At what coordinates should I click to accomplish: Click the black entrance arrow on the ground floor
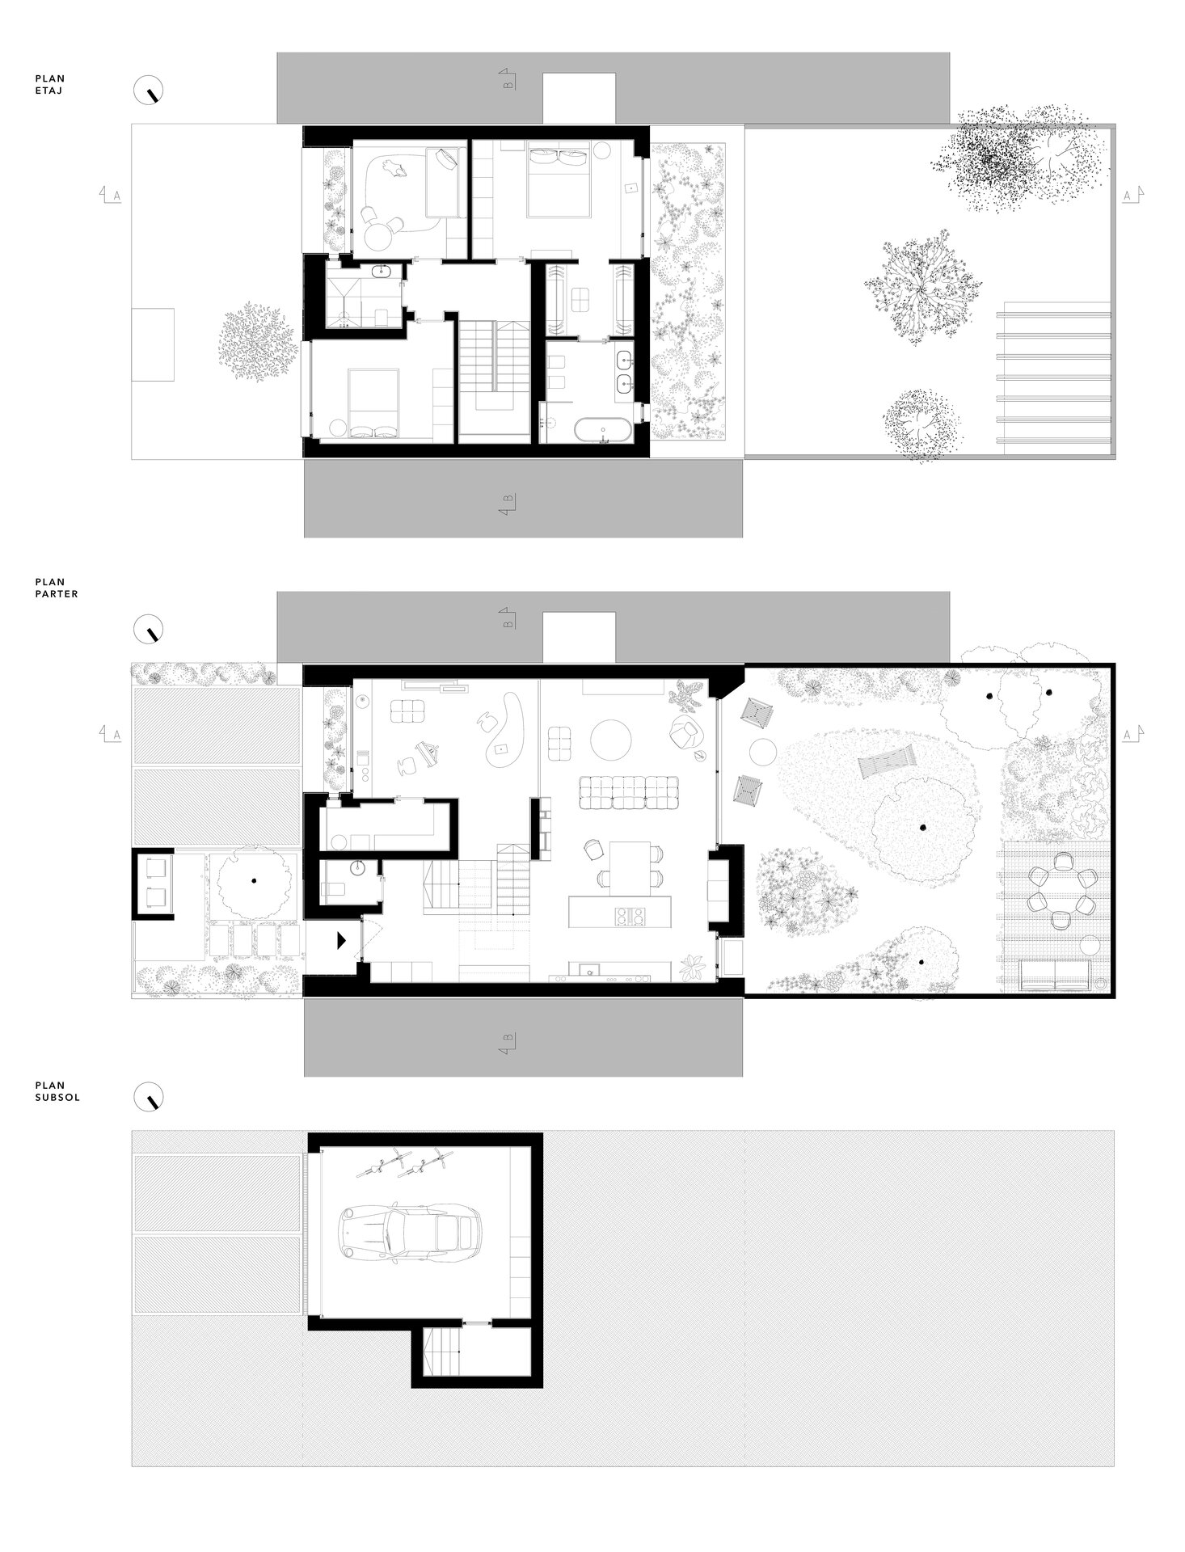pyautogui.click(x=341, y=939)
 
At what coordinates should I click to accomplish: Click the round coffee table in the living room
pyautogui.click(x=613, y=739)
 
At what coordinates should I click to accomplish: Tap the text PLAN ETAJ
pyautogui.click(x=49, y=85)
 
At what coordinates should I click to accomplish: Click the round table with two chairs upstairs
pyautogui.click(x=381, y=234)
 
